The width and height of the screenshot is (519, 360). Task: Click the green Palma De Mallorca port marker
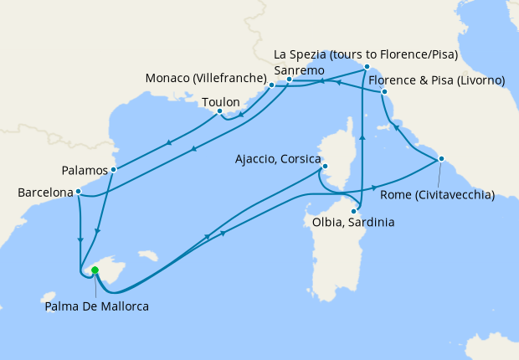pos(95,270)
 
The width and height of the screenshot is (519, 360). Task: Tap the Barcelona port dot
pos(78,192)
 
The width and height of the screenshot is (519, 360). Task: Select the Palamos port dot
pos(113,169)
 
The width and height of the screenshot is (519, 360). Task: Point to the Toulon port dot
pos(219,111)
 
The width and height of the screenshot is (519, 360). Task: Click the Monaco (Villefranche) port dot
pos(271,85)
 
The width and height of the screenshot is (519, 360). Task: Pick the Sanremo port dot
pos(289,80)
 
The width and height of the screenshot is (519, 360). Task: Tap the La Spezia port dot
pos(367,66)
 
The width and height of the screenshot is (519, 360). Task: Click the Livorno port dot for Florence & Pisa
pos(383,91)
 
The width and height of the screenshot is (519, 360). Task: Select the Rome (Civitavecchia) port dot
pos(441,159)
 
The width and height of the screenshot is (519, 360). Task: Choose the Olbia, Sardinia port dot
pos(354,211)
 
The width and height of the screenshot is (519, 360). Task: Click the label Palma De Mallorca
pos(96,307)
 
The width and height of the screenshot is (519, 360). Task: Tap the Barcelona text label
pos(45,193)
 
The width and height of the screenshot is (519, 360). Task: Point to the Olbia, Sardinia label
pos(352,224)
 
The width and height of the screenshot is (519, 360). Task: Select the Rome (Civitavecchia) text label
pos(437,195)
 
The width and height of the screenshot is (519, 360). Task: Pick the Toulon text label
pos(221,102)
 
